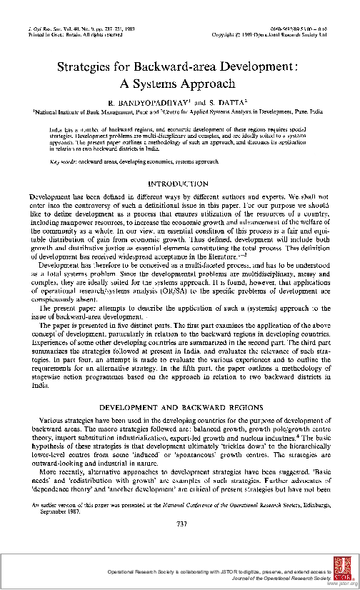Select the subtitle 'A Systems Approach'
coord(180,82)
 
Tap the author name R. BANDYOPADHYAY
coord(140,101)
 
